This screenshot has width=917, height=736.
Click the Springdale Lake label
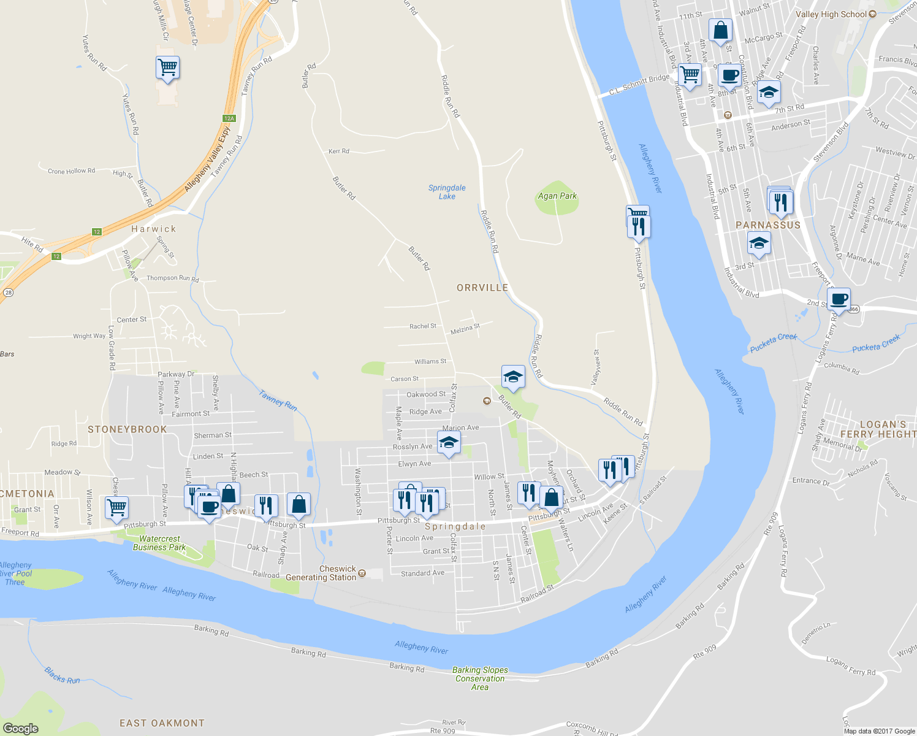(447, 192)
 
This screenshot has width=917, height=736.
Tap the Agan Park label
(557, 196)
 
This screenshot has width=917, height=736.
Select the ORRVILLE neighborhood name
(482, 288)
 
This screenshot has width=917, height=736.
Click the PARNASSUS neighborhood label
(768, 225)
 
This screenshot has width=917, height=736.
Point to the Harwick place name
(154, 229)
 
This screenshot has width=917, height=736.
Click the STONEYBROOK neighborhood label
(127, 429)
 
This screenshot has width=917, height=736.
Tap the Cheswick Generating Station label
(321, 573)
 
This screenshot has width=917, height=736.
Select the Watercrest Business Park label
(159, 543)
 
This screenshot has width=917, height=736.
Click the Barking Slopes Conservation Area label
(480, 678)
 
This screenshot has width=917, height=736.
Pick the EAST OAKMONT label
(162, 723)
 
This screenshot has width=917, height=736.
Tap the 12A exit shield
(229, 118)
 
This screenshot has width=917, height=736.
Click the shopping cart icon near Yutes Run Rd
(167, 67)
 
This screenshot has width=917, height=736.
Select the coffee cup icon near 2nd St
(839, 299)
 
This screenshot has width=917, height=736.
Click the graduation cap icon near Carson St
(513, 377)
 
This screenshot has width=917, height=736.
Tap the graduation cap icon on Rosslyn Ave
(449, 443)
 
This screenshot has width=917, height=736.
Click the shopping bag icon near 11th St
(720, 30)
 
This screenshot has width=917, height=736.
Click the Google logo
(20, 728)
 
